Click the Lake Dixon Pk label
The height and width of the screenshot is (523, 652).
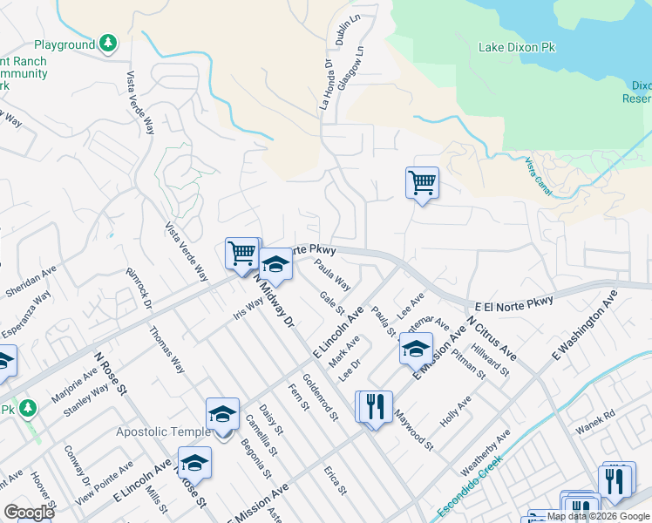coord(517,47)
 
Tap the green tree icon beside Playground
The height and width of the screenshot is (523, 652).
coord(107,43)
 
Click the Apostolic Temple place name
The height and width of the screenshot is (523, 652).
coord(163,431)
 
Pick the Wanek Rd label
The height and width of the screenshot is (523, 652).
coord(596,429)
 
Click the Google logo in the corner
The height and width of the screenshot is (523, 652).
coord(29,513)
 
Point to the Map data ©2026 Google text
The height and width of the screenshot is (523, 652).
coord(597,516)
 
